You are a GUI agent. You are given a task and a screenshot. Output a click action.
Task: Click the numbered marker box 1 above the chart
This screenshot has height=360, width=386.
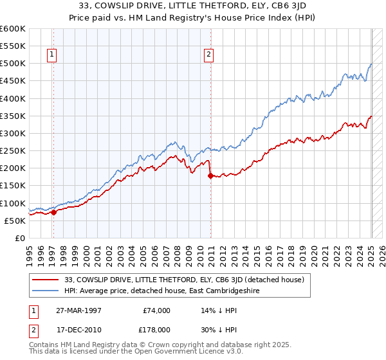(51, 55)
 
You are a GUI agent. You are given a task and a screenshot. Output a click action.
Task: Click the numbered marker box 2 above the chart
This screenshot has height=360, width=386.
(209, 55)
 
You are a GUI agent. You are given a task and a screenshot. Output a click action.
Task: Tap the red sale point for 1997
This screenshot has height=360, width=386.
(54, 212)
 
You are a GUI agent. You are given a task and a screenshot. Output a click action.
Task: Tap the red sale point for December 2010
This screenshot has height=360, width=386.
(210, 175)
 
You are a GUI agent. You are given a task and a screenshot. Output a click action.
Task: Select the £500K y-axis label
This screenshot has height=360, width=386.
(13, 64)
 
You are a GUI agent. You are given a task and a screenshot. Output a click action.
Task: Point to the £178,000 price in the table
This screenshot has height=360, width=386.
(156, 328)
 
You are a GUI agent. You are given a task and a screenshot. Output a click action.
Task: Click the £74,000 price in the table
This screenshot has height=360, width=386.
(156, 310)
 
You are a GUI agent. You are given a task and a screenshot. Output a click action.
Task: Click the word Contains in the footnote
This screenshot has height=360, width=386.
(43, 345)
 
